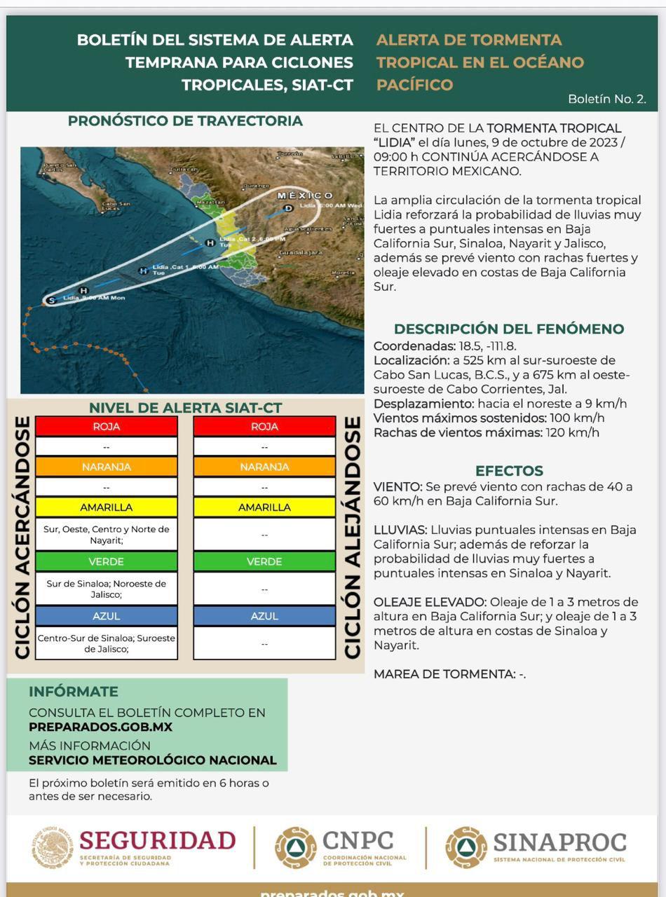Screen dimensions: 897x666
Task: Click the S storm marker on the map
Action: [50, 301]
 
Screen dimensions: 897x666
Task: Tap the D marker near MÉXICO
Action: [288, 207]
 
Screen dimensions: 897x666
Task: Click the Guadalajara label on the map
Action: [301, 252]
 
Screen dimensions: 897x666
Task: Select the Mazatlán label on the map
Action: [210, 202]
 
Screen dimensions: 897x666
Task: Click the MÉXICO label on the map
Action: [306, 195]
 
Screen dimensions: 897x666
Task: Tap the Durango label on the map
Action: [255, 186]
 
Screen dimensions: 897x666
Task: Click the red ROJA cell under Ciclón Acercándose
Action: [107, 426]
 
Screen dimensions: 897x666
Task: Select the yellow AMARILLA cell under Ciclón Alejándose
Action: [264, 507]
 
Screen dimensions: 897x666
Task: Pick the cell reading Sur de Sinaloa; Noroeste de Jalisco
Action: [107, 589]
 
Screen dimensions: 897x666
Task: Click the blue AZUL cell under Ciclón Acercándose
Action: [107, 616]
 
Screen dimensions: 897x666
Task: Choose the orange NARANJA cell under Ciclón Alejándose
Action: [264, 467]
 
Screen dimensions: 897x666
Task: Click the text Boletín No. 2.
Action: [607, 100]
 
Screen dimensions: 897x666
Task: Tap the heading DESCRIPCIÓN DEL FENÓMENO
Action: [508, 329]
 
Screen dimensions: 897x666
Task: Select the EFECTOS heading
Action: [509, 471]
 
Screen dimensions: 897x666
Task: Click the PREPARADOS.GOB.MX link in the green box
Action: [100, 727]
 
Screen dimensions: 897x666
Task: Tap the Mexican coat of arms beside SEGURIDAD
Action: [53, 847]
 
